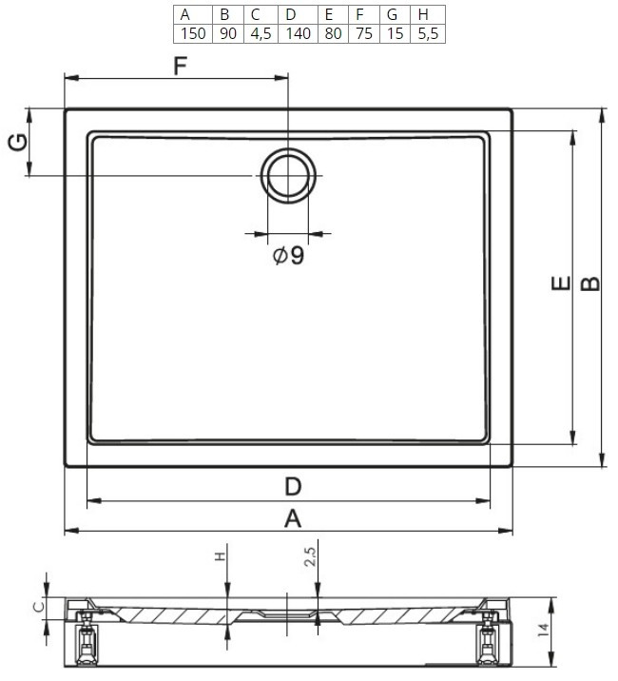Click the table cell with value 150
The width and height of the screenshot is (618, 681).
pyautogui.click(x=193, y=33)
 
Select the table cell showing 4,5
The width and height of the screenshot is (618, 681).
pyautogui.click(x=261, y=33)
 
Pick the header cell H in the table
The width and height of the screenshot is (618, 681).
pyautogui.click(x=428, y=15)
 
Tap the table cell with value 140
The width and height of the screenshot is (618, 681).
pyautogui.click(x=298, y=33)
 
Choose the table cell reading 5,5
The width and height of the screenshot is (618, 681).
pyautogui.click(x=428, y=33)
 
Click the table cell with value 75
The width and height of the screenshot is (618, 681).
pyautogui.click(x=364, y=33)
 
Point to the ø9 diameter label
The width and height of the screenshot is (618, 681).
pyautogui.click(x=288, y=255)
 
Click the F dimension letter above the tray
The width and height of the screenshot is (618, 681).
pyautogui.click(x=180, y=66)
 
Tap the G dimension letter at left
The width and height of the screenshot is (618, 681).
pyautogui.click(x=19, y=143)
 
